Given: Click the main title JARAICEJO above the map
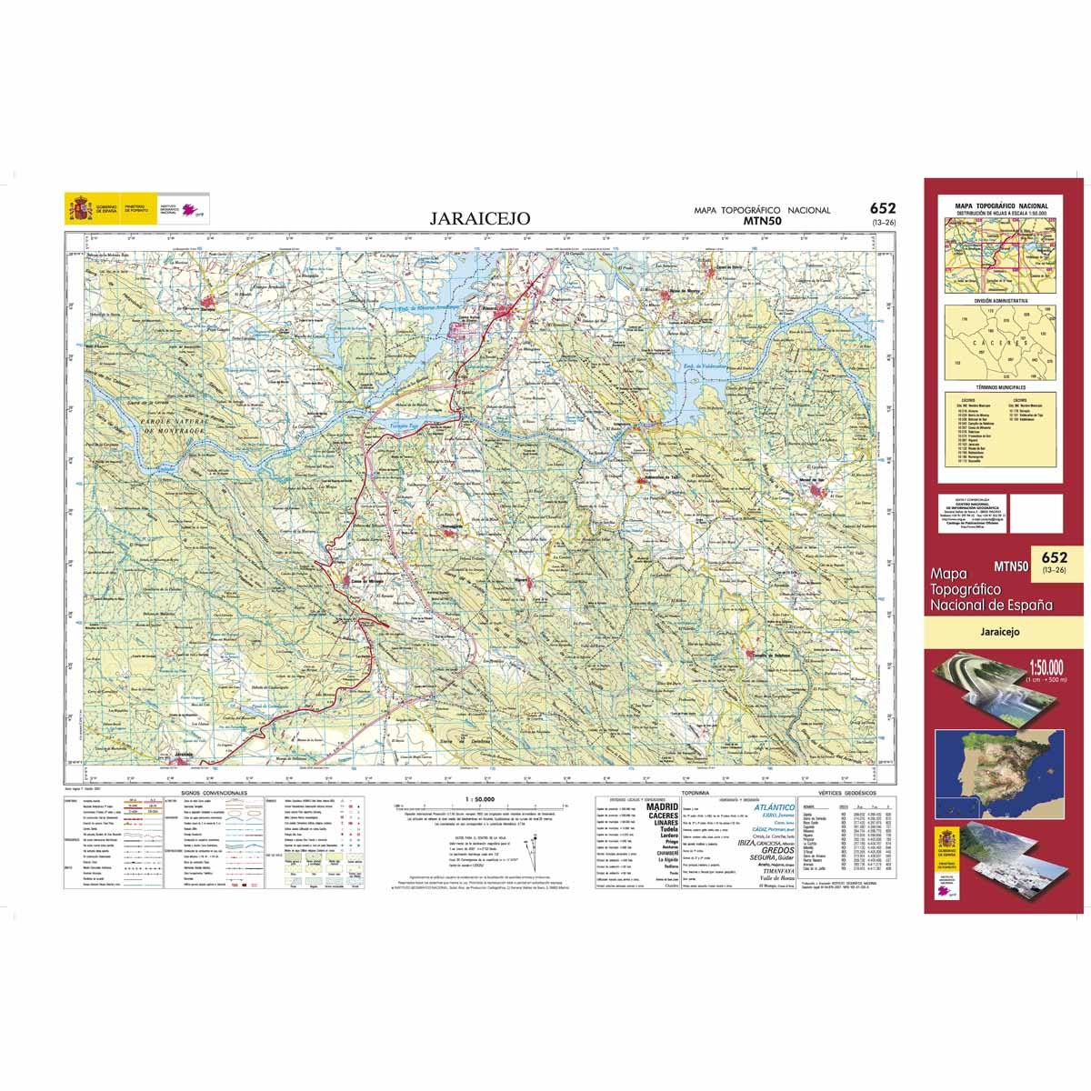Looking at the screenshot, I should click(x=472, y=219).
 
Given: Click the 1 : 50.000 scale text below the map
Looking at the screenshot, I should click(x=477, y=798).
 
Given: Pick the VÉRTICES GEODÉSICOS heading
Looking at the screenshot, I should click(x=844, y=794).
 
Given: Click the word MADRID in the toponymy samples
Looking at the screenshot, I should click(x=662, y=806).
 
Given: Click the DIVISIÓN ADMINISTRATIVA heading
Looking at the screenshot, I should click(x=1000, y=299).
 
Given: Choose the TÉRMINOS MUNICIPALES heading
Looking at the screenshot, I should click(x=1000, y=387).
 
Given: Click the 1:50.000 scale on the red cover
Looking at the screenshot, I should click(x=1042, y=670).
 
